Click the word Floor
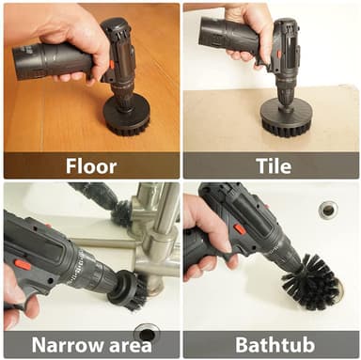click(91, 166)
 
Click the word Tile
click(274, 166)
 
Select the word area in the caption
click(130, 346)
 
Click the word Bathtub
click(275, 345)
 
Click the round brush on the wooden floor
click(127, 117)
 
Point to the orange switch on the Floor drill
click(112, 65)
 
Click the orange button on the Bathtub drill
click(239, 229)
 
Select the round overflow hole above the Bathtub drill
click(328, 211)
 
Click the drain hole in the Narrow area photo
click(146, 334)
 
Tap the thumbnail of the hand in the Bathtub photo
click(226, 245)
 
